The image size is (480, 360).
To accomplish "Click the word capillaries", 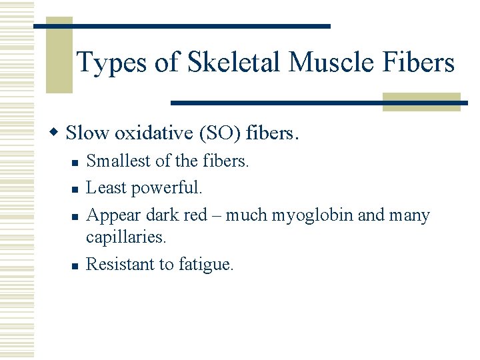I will pos(125,237).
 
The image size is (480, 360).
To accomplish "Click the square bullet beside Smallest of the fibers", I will pos(75,162).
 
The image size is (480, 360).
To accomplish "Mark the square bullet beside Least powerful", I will pos(75,189).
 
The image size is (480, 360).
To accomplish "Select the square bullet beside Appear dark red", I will pos(75,217).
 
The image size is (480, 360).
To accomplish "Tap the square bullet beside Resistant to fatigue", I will pos(75,265).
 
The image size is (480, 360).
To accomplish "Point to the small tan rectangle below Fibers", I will pos(421,101).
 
